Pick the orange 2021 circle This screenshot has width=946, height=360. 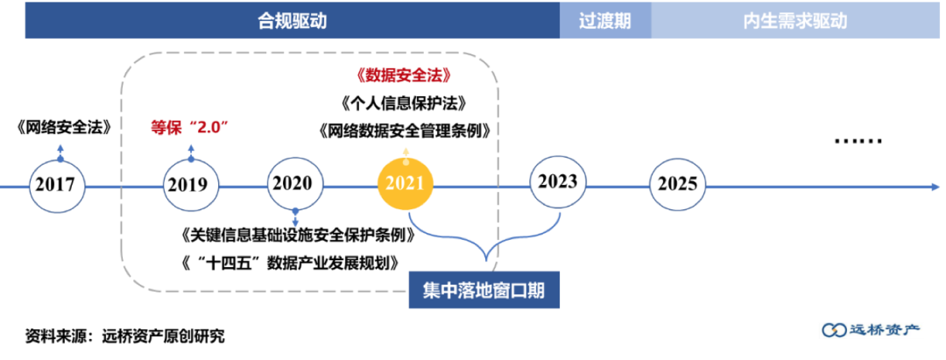pos(405,184)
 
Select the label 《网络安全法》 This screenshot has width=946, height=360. pos(63,126)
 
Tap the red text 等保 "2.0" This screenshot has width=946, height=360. pos(190,126)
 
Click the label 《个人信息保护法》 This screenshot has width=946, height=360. pos(404,102)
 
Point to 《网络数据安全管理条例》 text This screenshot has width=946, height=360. pos(404,131)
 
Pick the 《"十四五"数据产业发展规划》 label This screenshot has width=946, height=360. pos(290,263)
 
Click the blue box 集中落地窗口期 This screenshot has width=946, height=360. pos(484,290)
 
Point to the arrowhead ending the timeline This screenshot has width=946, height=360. pos(935,186)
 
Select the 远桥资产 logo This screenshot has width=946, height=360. pos(869,329)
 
